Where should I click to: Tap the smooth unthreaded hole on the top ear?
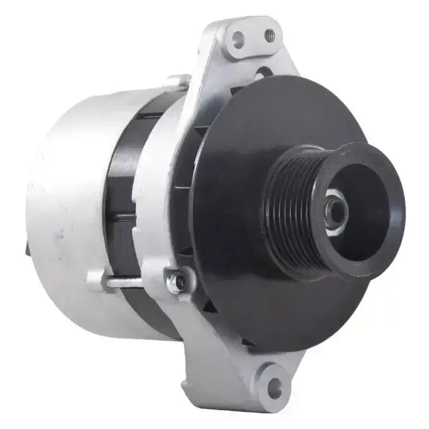[238, 40]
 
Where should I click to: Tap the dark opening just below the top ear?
[261, 72]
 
